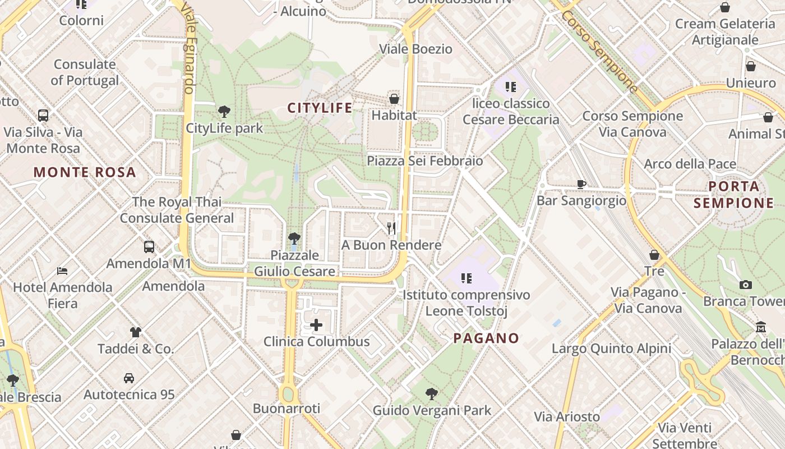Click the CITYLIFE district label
(320, 108)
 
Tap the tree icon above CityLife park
(224, 111)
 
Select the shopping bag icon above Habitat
(394, 99)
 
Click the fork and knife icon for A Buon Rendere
(391, 228)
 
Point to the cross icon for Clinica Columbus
(316, 325)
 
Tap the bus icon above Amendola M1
(149, 246)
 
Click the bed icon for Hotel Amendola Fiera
(62, 271)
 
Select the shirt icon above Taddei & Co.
(136, 332)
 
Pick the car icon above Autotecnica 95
(129, 378)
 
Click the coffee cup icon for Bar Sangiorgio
(581, 184)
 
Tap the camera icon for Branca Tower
(745, 285)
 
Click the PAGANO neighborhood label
(486, 338)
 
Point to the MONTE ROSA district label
(85, 172)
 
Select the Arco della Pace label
(690, 164)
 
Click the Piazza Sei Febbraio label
(424, 161)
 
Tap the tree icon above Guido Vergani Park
(431, 393)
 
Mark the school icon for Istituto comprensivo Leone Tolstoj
(465, 278)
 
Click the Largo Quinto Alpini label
(611, 349)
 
